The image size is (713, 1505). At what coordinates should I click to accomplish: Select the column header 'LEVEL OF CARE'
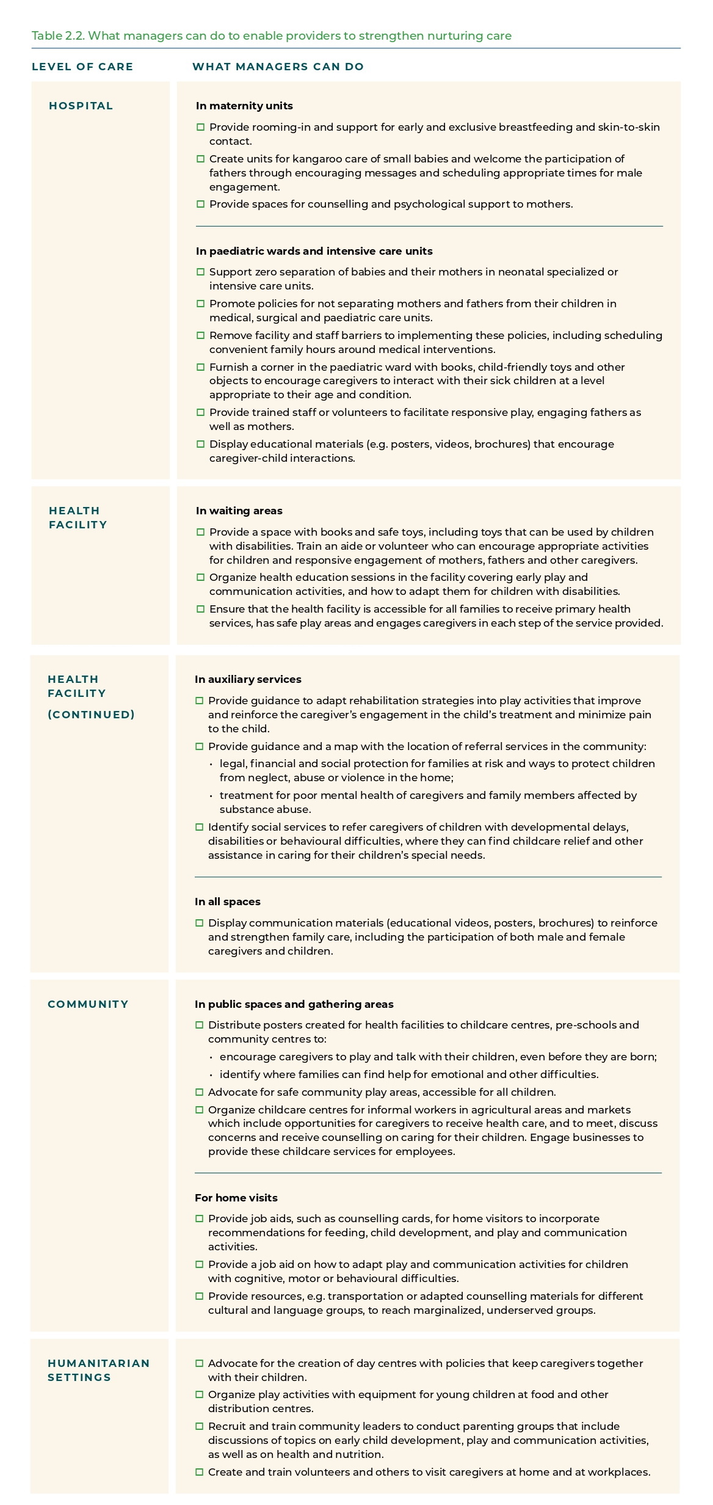(82, 67)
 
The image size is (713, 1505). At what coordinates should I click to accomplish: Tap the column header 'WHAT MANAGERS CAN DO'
(278, 67)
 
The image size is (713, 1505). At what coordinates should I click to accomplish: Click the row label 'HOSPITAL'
(81, 106)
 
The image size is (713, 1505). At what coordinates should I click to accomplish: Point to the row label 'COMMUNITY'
(88, 1004)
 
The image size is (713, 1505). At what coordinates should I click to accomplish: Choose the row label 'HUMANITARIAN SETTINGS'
(98, 1370)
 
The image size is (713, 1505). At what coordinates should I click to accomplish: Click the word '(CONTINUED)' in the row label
(91, 715)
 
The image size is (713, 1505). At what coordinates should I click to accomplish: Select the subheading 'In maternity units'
(244, 106)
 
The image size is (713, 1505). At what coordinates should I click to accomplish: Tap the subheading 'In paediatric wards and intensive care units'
(314, 251)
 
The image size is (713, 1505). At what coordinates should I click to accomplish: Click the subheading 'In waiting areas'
(239, 511)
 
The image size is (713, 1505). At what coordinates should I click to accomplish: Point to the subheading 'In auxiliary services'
(248, 679)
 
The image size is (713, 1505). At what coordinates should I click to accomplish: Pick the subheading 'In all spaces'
(227, 902)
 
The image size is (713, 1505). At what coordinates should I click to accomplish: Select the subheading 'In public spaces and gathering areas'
(294, 1004)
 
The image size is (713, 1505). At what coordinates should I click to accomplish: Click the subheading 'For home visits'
(236, 1197)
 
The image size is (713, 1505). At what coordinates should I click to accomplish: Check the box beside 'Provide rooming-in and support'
(200, 127)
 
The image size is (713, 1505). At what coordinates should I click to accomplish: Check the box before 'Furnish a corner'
(200, 367)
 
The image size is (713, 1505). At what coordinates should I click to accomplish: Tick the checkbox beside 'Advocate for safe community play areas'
(199, 1092)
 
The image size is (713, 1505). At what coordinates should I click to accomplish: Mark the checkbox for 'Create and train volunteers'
(199, 1472)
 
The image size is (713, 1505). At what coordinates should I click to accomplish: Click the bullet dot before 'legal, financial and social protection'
(211, 764)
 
